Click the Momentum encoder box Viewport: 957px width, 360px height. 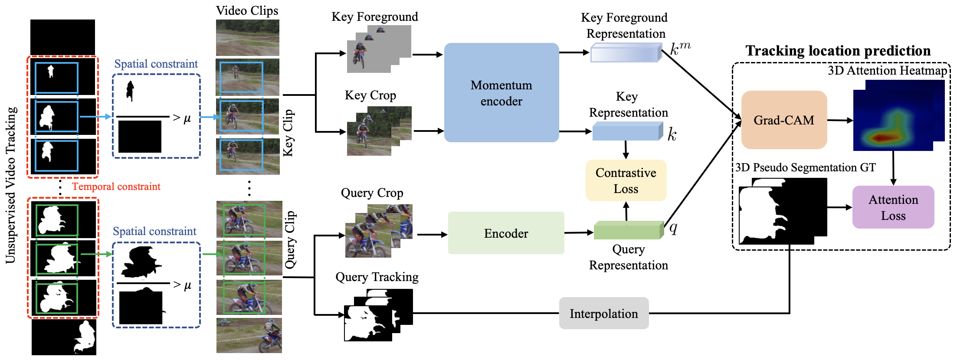(x=501, y=93)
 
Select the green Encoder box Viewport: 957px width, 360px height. (x=506, y=233)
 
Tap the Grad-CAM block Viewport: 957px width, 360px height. (x=784, y=120)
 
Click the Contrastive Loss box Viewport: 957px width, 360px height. (x=626, y=180)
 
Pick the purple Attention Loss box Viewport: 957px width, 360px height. (x=893, y=207)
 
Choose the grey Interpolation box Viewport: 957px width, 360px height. (x=603, y=313)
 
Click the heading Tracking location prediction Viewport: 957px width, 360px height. (x=838, y=51)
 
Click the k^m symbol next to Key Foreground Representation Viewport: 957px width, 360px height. (x=679, y=48)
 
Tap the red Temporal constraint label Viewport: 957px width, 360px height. (x=116, y=187)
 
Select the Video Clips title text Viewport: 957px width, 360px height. (x=247, y=10)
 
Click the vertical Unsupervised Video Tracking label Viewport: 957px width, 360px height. (x=11, y=185)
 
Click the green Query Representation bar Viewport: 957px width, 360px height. (x=627, y=231)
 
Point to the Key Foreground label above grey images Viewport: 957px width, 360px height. (x=375, y=17)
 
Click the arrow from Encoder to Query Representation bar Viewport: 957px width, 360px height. (x=579, y=233)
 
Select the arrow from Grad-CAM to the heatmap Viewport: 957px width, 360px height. (x=840, y=120)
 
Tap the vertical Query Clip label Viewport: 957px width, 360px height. (x=290, y=239)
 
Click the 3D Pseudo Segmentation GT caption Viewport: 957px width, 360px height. (x=805, y=167)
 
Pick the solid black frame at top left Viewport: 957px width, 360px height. (x=62, y=37)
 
